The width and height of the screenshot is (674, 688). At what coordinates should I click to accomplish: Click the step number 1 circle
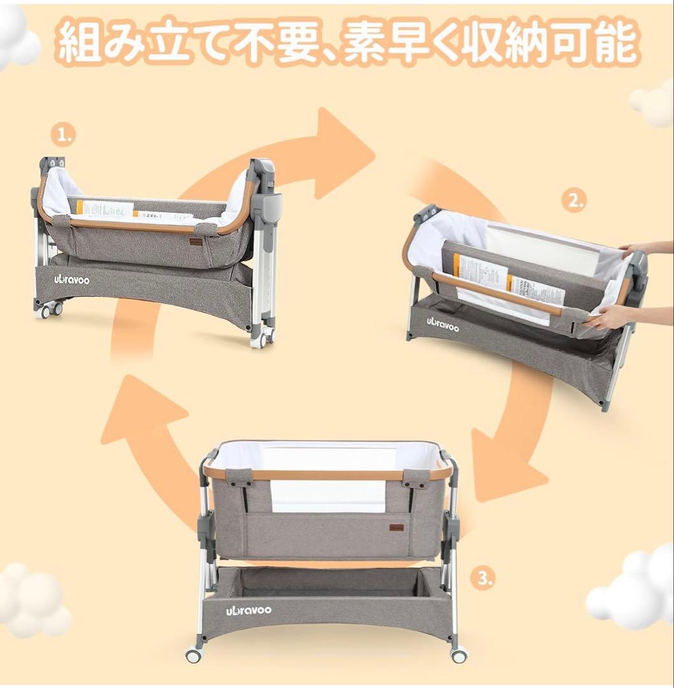[62, 134]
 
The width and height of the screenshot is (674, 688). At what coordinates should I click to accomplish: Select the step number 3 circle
[485, 578]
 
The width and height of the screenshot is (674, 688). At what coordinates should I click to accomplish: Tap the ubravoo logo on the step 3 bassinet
[248, 610]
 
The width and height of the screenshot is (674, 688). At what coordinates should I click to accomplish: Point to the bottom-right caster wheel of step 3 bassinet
[457, 654]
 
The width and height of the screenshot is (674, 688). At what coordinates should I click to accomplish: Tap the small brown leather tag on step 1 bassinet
[196, 241]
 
